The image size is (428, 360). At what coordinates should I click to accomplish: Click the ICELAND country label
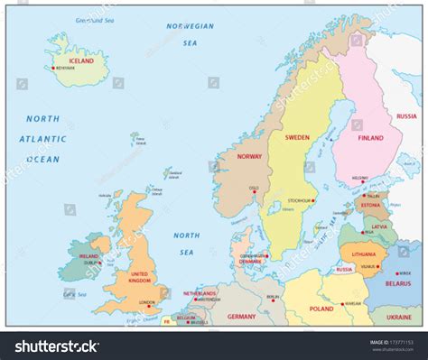[82, 61]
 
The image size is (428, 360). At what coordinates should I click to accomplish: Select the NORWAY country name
[249, 156]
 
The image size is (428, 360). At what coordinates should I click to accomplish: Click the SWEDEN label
[297, 138]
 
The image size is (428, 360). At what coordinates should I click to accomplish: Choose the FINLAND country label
[370, 138]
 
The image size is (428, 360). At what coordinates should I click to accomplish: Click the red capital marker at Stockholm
[313, 200]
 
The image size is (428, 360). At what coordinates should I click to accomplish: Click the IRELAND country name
[89, 255]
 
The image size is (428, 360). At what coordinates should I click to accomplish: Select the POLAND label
[321, 308]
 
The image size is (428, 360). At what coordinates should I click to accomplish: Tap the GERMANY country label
[241, 317]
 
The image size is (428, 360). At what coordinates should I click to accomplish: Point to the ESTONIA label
[372, 205]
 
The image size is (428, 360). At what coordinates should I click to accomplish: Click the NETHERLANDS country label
[200, 293]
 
